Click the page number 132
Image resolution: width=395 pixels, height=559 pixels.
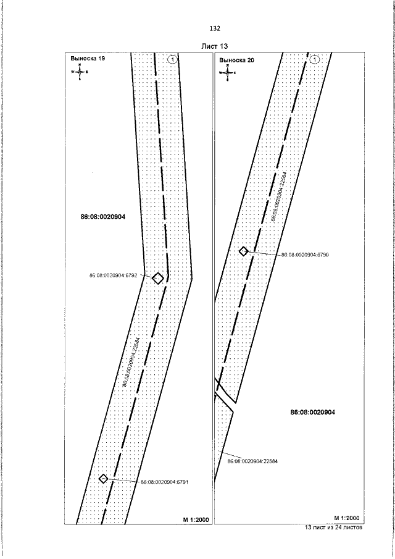click(x=215, y=28)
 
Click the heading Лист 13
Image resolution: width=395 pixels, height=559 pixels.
click(x=215, y=48)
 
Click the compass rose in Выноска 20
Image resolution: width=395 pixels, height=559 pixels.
click(x=227, y=72)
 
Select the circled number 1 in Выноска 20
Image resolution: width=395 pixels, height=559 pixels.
click(x=315, y=60)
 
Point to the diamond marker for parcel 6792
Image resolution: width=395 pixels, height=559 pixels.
click(x=158, y=278)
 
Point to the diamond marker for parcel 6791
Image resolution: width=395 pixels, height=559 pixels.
click(x=104, y=478)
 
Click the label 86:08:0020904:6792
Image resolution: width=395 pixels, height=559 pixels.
click(x=117, y=275)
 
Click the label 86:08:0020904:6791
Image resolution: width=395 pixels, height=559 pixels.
click(x=168, y=482)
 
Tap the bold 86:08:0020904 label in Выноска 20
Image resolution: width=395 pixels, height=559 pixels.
click(x=312, y=411)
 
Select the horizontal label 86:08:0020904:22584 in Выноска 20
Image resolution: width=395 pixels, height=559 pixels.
click(x=252, y=461)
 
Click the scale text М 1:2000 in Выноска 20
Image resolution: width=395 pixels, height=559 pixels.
click(x=346, y=517)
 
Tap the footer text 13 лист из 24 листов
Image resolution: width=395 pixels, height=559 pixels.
click(x=334, y=529)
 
